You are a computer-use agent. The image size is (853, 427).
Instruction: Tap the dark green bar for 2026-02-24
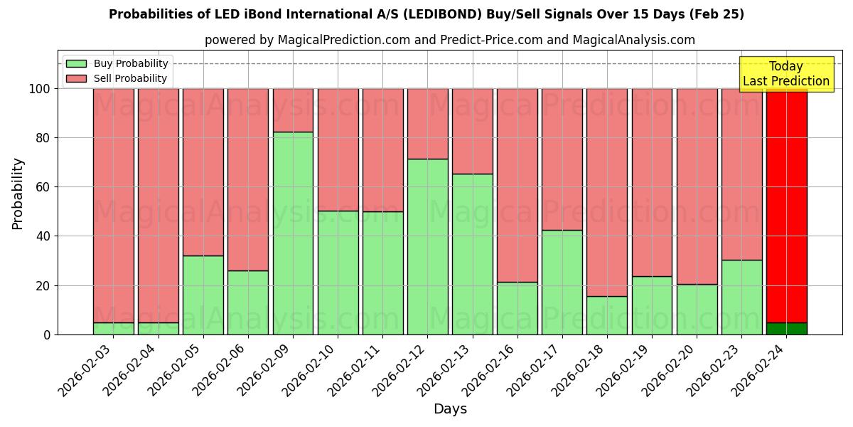[x=787, y=328]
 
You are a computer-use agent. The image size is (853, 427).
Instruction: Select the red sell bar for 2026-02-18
[x=607, y=192]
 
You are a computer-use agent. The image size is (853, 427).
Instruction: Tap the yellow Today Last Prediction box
[x=786, y=74]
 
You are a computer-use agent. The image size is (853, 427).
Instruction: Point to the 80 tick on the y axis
[x=44, y=138]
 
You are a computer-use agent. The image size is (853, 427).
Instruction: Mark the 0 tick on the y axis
[x=48, y=334]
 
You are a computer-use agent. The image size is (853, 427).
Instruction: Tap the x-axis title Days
[x=450, y=409]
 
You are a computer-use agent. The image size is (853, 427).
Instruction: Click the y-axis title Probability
[x=18, y=193]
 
